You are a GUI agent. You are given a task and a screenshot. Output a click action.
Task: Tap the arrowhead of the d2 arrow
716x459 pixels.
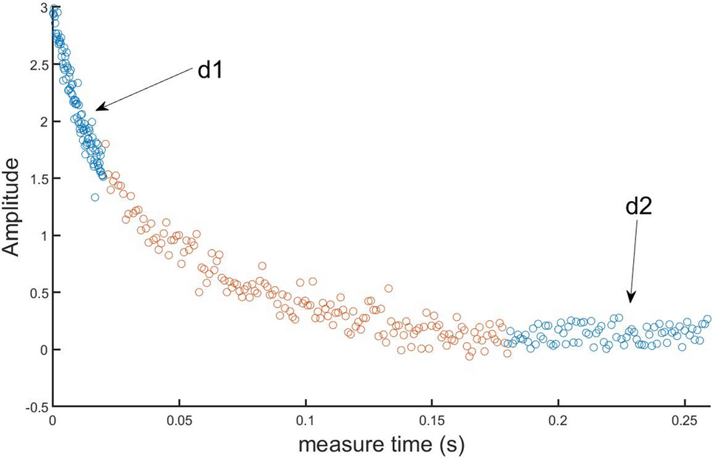click(630, 302)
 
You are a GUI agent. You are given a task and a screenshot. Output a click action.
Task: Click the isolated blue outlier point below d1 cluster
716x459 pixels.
click(95, 197)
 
